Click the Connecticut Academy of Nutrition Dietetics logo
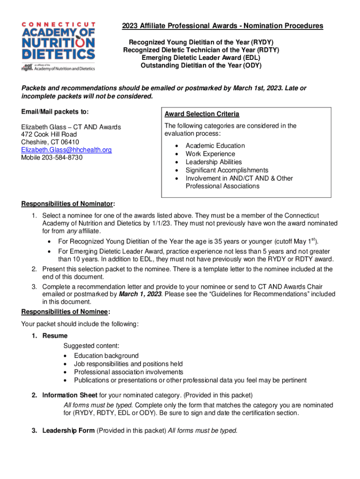point(58,46)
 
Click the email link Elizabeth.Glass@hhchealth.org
point(66,150)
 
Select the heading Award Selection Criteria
point(202,114)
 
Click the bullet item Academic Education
point(215,145)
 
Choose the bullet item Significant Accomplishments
point(227,170)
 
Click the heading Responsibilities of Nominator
point(68,203)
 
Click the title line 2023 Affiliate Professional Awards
point(222,26)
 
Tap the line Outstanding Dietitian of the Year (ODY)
point(201,65)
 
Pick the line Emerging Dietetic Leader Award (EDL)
point(201,58)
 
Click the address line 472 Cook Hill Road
point(49,135)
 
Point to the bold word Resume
point(55,336)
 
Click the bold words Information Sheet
point(70,395)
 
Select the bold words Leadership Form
point(68,430)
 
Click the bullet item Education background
point(106,356)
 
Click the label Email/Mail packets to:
point(55,112)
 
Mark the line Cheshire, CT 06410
point(50,142)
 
